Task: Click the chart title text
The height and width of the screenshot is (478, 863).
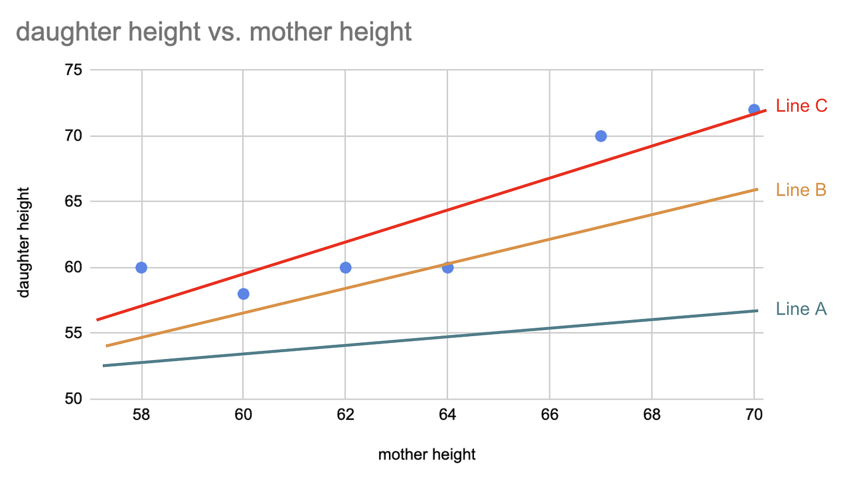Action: [214, 31]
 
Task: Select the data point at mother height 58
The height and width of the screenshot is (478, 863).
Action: [141, 267]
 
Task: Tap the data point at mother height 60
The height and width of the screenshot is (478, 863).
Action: [243, 294]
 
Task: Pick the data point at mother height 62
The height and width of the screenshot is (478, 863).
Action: [345, 267]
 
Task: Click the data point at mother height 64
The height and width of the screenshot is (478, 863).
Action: [448, 267]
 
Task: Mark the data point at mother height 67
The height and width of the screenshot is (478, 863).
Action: [601, 136]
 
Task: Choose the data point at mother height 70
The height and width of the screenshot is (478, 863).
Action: [754, 110]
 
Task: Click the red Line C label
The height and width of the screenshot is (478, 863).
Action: [801, 106]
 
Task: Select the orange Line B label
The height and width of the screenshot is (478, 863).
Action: [801, 190]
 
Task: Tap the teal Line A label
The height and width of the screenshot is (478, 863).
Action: [801, 309]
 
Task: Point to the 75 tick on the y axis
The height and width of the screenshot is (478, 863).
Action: [73, 70]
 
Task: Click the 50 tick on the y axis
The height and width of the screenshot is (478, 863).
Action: [73, 399]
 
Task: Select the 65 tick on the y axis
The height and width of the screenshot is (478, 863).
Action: [73, 202]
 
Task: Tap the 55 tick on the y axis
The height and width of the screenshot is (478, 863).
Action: [73, 333]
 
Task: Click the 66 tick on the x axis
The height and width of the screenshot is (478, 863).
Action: [549, 415]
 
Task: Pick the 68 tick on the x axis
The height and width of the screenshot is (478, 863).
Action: [652, 415]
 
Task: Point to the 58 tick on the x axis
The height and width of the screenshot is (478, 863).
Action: [141, 415]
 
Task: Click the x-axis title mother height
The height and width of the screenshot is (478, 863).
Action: [427, 455]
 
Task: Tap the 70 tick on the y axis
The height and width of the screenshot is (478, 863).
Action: [73, 136]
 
